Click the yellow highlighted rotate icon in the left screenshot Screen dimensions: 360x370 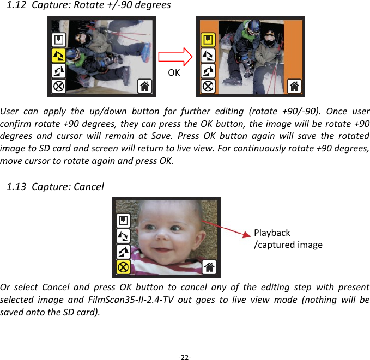coord(59,55)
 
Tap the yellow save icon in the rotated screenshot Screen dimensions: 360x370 coord(208,40)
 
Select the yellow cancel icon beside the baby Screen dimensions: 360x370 coord(123,267)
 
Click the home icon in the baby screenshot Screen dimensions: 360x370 coord(210,267)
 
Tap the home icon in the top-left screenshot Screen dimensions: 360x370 coord(145,86)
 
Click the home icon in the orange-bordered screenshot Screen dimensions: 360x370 coord(294,86)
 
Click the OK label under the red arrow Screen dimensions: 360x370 coord(174,72)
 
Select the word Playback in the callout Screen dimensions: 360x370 coord(272,233)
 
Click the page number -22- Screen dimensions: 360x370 coord(185,357)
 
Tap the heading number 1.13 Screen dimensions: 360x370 coord(16,187)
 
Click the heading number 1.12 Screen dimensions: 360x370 coord(16,5)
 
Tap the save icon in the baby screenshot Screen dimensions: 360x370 coord(123,221)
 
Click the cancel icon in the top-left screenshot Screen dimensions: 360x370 coord(59,86)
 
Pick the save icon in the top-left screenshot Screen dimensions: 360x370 coord(59,40)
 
